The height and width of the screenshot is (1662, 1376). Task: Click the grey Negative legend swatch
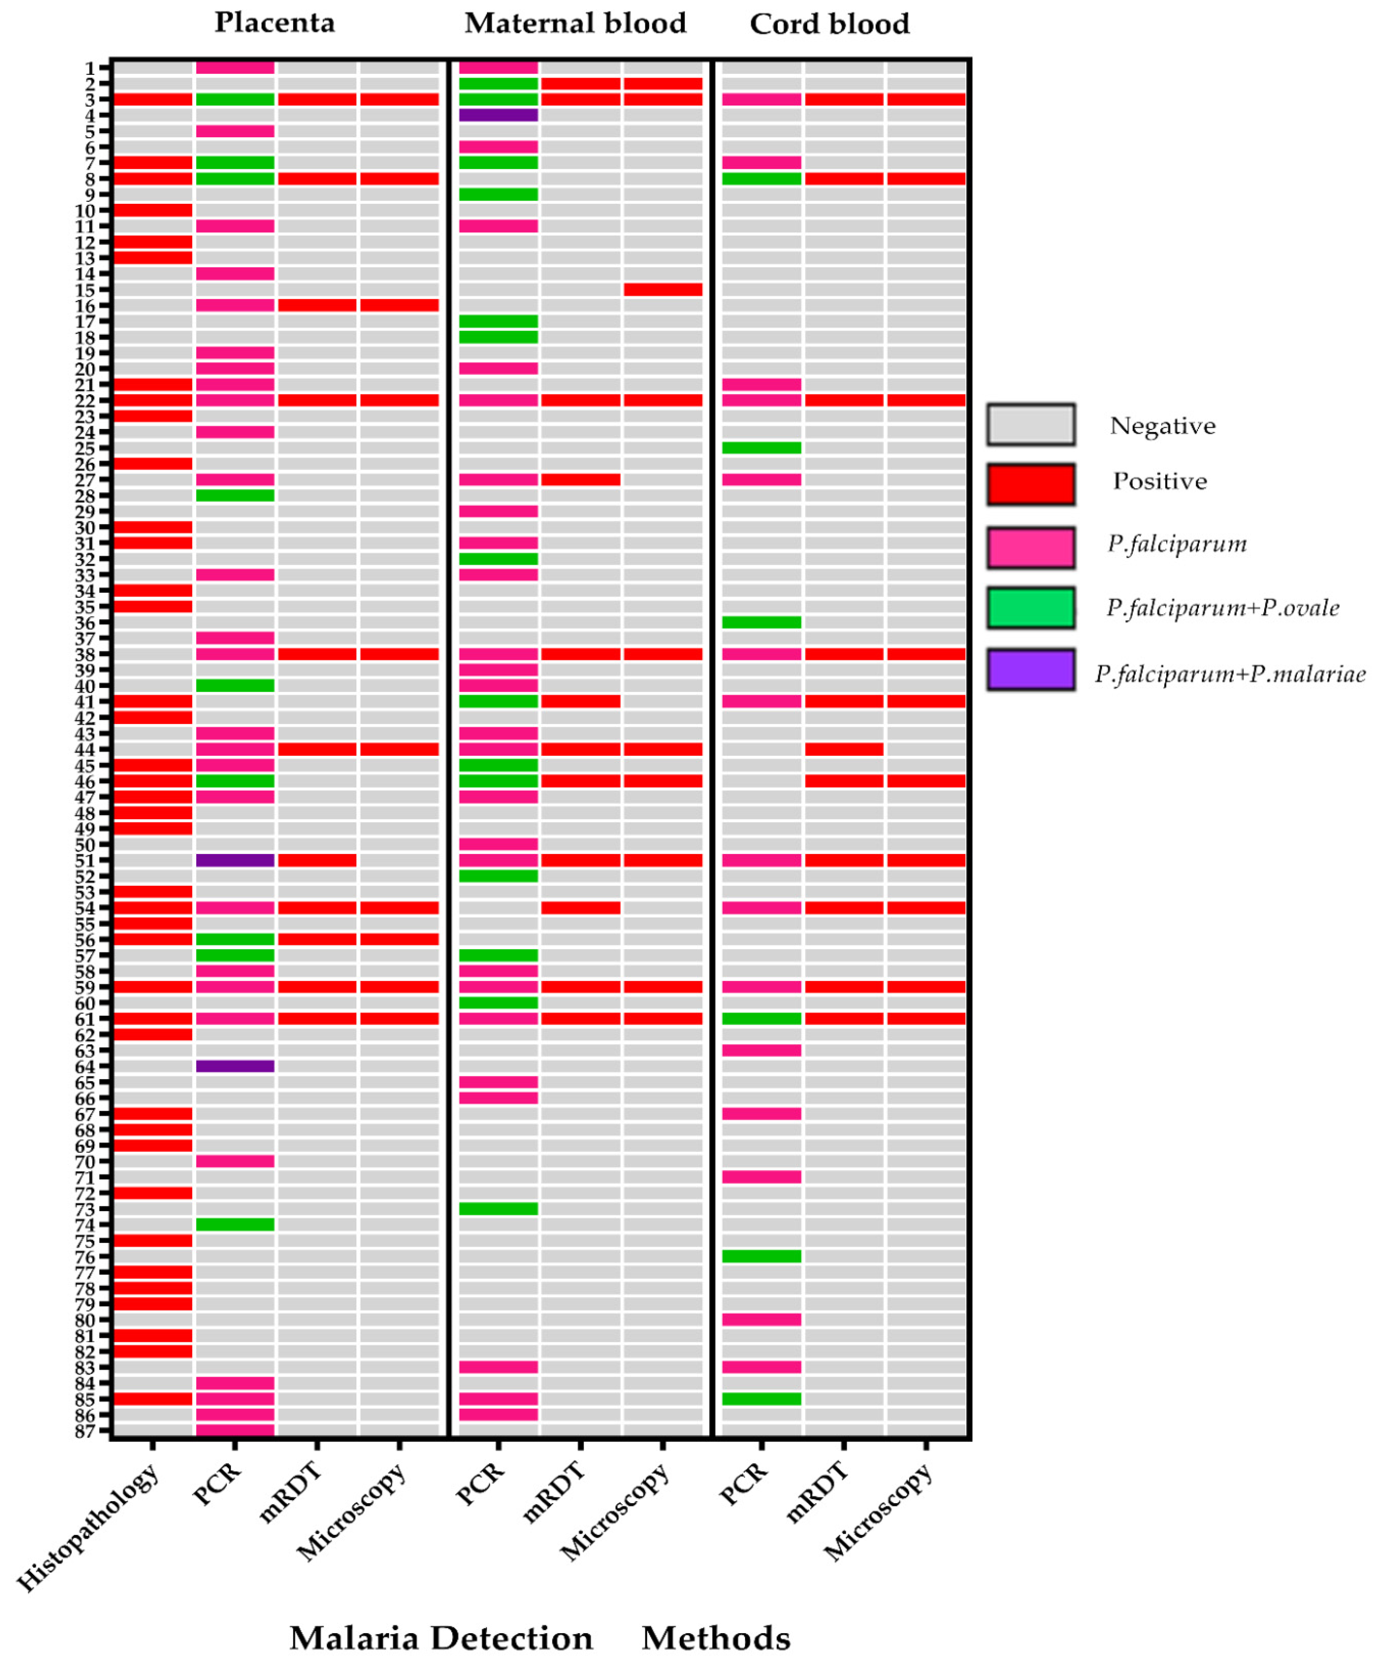[x=1030, y=424]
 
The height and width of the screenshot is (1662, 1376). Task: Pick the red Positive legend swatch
[x=1030, y=483]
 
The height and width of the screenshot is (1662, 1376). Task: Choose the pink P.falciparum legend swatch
[x=1030, y=547]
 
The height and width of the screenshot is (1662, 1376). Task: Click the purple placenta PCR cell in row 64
[x=235, y=1066]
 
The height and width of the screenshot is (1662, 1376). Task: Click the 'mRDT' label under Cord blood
[x=817, y=1492]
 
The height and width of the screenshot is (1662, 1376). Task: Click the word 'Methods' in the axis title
[x=716, y=1637]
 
